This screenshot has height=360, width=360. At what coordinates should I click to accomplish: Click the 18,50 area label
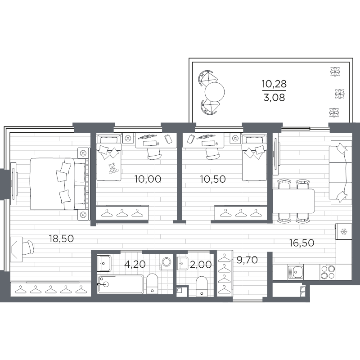click(61, 239)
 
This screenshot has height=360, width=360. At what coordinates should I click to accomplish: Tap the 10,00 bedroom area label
click(148, 179)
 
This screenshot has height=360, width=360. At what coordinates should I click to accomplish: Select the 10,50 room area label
click(213, 179)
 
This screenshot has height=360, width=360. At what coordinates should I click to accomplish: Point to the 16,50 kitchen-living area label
click(301, 243)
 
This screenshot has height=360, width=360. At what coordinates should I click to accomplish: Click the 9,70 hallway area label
click(247, 260)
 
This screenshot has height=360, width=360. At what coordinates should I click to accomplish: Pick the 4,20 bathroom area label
click(135, 265)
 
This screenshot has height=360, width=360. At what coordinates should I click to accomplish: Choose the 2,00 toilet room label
click(201, 265)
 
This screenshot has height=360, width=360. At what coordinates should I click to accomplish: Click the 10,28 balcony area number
click(274, 84)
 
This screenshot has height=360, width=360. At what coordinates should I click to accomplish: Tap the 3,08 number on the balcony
click(274, 98)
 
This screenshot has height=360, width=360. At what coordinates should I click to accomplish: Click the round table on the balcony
click(215, 92)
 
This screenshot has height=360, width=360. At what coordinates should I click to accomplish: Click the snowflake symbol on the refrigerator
click(344, 232)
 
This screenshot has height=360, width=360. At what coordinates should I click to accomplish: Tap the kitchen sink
click(296, 272)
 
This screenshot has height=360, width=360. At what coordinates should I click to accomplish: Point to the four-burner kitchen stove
click(328, 272)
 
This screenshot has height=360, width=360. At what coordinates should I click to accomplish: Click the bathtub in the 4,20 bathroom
click(120, 284)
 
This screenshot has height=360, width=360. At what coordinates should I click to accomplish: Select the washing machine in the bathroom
click(166, 262)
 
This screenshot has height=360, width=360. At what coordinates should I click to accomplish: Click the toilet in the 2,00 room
click(202, 286)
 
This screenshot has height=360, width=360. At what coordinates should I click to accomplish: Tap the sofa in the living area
click(341, 172)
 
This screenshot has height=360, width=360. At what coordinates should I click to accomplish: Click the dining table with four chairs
click(293, 201)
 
